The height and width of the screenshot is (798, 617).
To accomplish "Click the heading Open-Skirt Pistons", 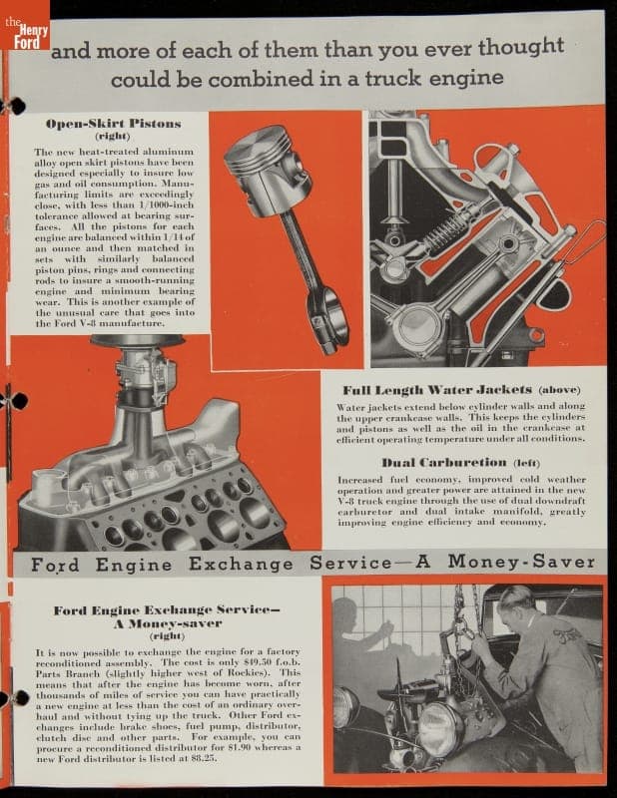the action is [x=113, y=124].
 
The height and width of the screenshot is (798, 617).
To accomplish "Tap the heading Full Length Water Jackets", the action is [x=437, y=390].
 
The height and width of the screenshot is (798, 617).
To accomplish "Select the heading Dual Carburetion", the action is [x=444, y=462].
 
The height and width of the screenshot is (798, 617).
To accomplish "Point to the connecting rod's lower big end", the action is [x=329, y=319].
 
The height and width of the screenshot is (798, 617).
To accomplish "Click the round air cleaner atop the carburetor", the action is [x=137, y=340].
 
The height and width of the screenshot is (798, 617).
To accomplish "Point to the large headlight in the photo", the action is [x=440, y=726].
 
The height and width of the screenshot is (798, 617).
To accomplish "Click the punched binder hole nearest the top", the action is [x=14, y=106].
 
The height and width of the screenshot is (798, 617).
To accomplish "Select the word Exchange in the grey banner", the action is [x=241, y=564].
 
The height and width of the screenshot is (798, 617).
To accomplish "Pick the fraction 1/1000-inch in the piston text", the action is [x=166, y=204].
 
